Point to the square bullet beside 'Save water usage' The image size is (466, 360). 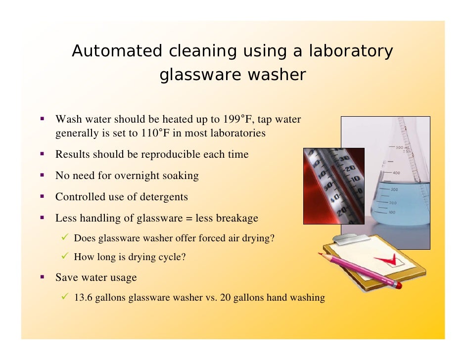click(x=43, y=277)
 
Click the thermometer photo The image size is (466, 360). click(x=333, y=185)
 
